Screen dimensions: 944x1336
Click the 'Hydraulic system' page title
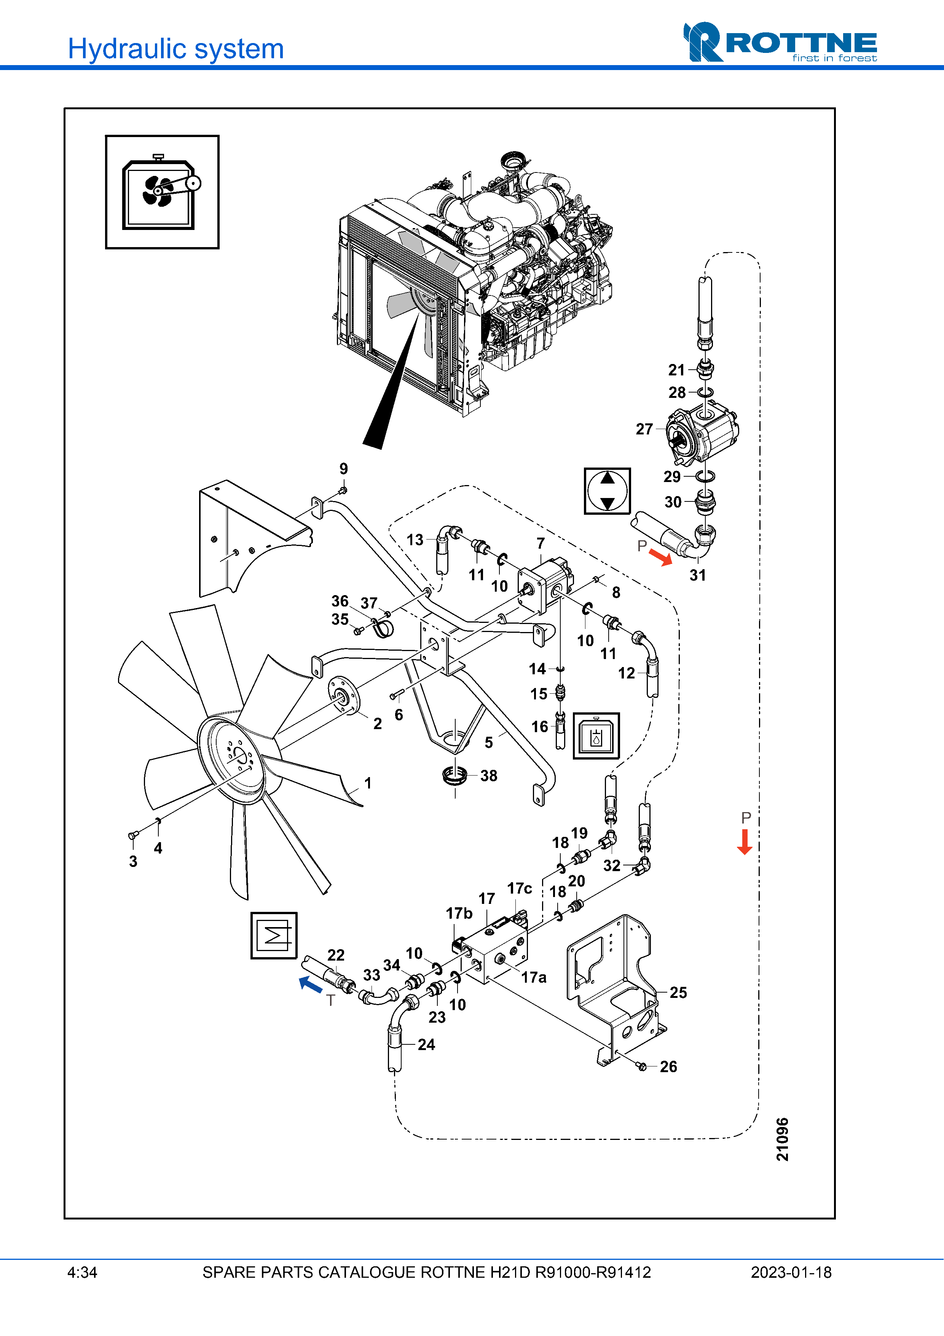point(175,49)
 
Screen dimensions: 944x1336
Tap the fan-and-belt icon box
point(162,192)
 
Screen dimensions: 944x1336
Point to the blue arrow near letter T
point(311,984)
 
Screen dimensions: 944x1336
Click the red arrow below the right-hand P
point(745,841)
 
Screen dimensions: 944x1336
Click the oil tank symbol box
point(596,736)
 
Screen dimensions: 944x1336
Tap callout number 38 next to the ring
point(489,776)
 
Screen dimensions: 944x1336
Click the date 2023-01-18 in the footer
point(791,1272)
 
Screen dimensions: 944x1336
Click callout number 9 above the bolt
point(344,468)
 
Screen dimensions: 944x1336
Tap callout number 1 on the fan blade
point(368,783)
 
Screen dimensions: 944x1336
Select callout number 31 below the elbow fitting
point(697,575)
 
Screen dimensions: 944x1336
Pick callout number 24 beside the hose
point(426,1044)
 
